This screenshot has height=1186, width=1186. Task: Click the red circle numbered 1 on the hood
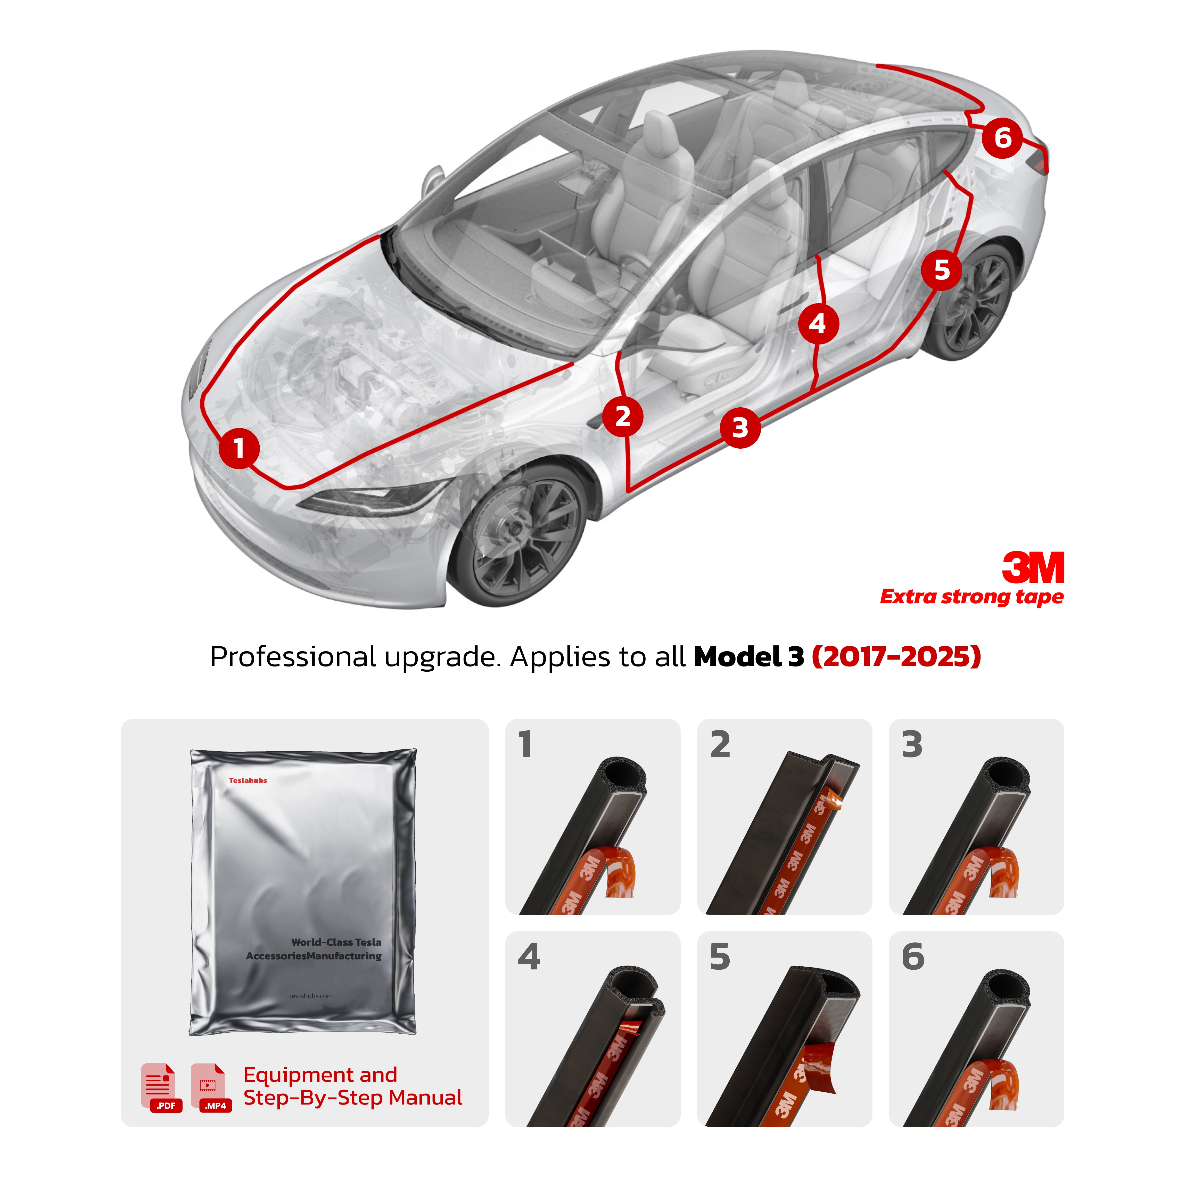239,448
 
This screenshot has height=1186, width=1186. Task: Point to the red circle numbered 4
818,324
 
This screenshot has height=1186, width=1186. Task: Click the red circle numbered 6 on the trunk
1002,138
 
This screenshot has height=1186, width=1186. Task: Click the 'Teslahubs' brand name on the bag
248,780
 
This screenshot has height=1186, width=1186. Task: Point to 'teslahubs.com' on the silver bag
311,996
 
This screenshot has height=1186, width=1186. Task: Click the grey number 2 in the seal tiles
720,745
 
